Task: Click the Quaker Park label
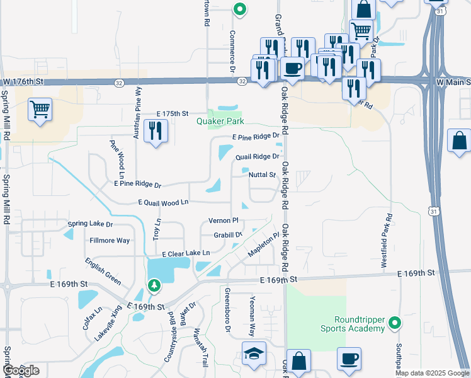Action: (x=219, y=122)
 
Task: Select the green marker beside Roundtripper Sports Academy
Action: (x=395, y=324)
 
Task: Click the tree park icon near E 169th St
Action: (x=154, y=287)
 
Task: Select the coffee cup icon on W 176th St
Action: (x=292, y=67)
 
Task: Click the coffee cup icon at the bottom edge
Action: (x=349, y=360)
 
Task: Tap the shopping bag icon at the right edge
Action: (x=460, y=140)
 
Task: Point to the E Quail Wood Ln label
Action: (x=163, y=202)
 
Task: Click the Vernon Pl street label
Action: (x=223, y=220)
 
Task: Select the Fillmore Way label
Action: (x=110, y=240)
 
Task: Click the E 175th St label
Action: (x=173, y=113)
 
